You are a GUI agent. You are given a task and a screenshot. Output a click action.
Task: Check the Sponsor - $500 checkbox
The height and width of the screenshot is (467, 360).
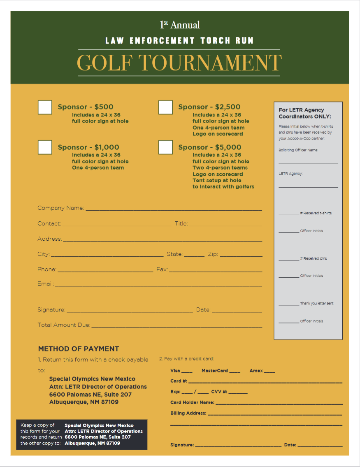pos(45,107)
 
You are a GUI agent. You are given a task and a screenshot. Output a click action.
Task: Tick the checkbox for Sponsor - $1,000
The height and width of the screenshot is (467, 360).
pos(45,147)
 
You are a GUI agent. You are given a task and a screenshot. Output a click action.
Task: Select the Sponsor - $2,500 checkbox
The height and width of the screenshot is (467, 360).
pos(165,107)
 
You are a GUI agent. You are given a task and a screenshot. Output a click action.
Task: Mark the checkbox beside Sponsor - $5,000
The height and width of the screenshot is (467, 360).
pos(165,147)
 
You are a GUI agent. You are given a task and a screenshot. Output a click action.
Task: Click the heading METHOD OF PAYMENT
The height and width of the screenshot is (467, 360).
pos(79,349)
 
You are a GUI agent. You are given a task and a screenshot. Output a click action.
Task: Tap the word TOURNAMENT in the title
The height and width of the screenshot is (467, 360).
pos(210,63)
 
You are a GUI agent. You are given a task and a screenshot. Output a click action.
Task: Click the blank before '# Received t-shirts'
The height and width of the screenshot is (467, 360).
pos(289,214)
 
